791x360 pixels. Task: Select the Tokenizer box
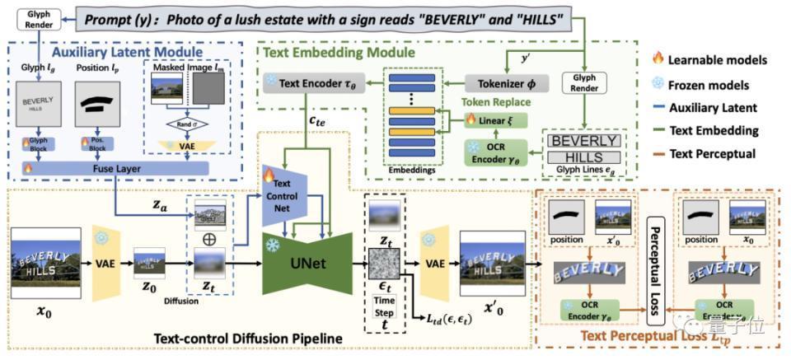[x=503, y=84]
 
